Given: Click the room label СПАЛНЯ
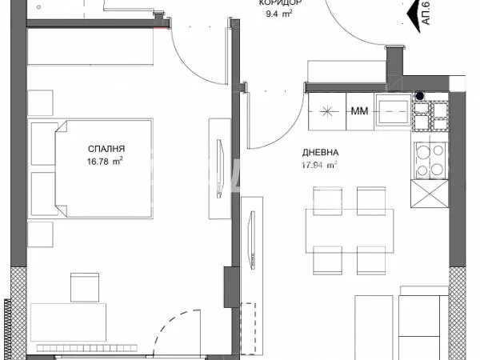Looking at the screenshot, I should [x=106, y=149].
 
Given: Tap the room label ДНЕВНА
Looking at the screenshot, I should [x=319, y=152].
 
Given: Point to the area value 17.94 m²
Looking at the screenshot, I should [x=319, y=166].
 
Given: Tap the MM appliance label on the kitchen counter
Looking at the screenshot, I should [x=359, y=112].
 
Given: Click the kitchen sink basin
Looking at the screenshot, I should [x=394, y=112].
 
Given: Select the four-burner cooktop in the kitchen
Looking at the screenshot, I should [x=430, y=157].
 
